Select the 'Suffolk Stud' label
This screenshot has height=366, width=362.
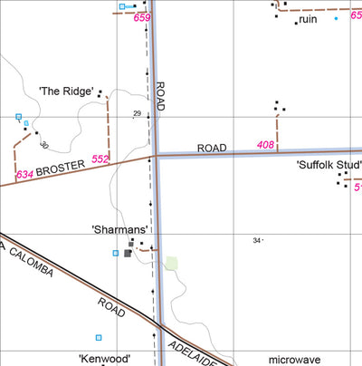(329, 165)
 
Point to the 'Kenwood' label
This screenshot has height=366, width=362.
(105, 359)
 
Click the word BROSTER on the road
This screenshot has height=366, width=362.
(61, 168)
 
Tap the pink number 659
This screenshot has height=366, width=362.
(141, 18)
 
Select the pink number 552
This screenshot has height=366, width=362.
(100, 160)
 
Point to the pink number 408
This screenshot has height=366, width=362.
(265, 145)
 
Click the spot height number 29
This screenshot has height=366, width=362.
(138, 114)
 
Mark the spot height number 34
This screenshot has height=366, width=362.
(257, 240)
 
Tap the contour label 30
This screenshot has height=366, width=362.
(43, 144)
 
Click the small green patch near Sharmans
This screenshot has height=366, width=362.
(171, 264)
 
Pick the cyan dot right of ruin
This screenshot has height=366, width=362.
(336, 18)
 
